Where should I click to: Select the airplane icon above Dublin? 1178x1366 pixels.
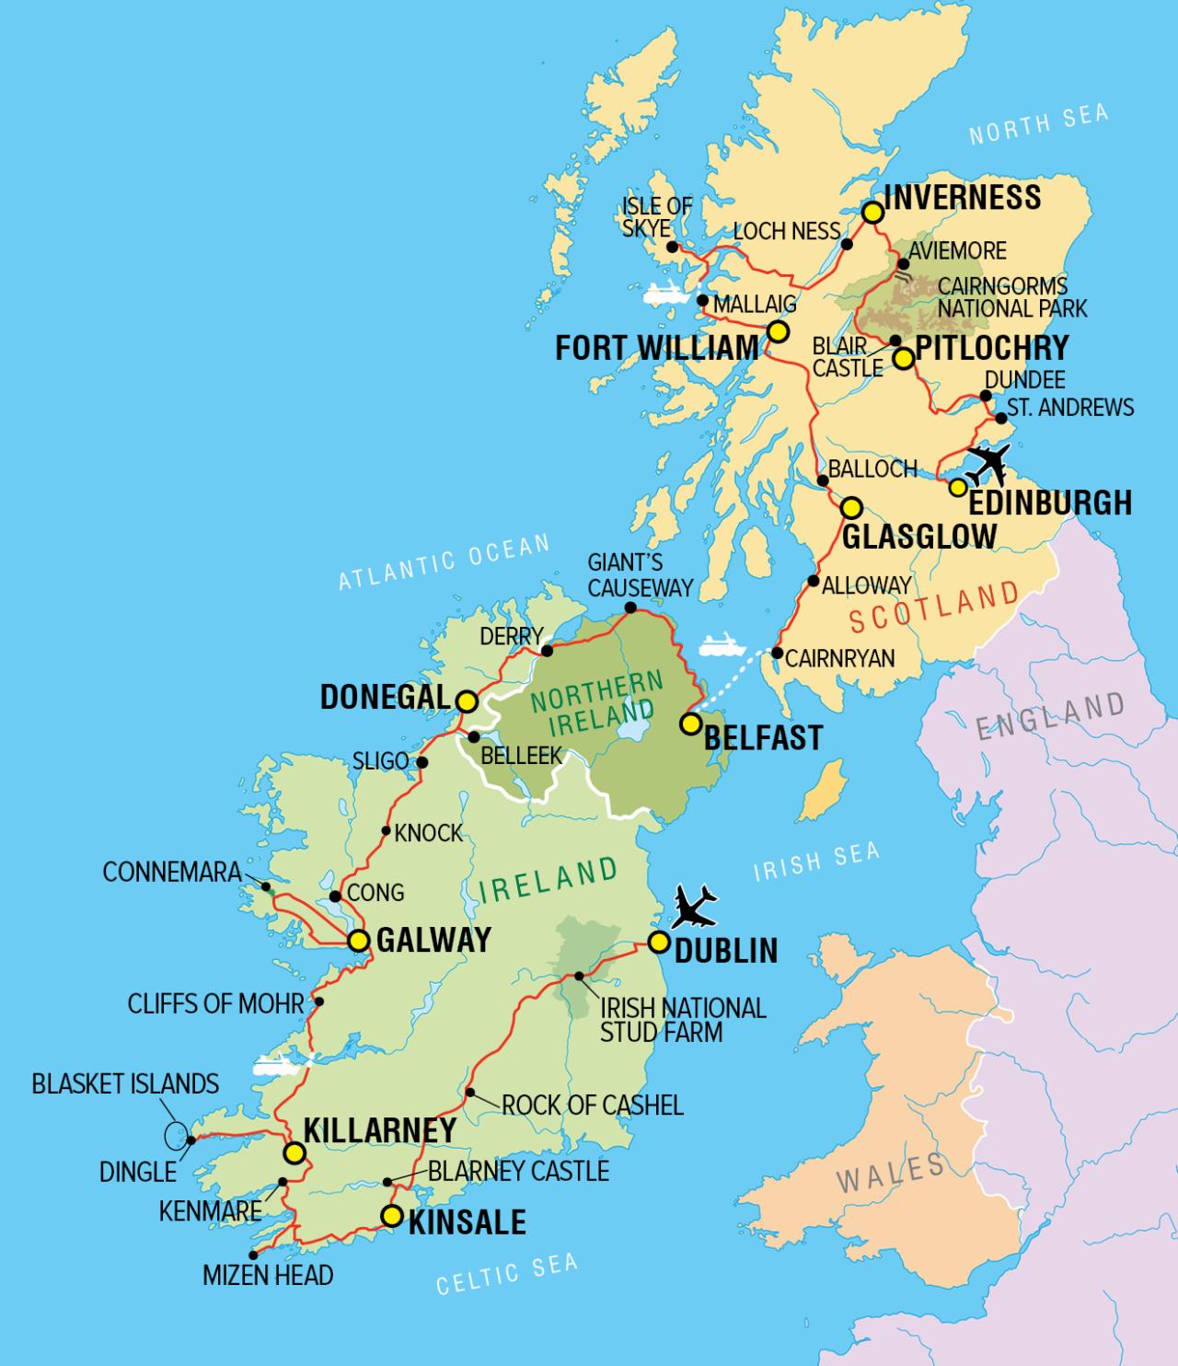(x=694, y=907)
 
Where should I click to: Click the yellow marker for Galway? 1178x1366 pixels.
(x=359, y=941)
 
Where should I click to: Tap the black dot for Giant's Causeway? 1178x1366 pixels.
(x=630, y=608)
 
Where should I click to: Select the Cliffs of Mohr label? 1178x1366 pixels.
(x=215, y=1002)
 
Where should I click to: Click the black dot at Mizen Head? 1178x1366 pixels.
(x=253, y=1254)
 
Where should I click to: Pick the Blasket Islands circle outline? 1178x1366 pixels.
(x=173, y=1135)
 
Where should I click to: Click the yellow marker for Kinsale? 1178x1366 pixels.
(x=391, y=1216)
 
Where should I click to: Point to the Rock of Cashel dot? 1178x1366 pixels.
(x=469, y=1093)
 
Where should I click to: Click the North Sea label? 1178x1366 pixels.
(x=1038, y=126)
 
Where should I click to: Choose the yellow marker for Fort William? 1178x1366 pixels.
(x=778, y=332)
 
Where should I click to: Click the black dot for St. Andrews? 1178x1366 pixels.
(x=1002, y=419)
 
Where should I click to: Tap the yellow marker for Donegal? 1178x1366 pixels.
(x=467, y=701)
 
